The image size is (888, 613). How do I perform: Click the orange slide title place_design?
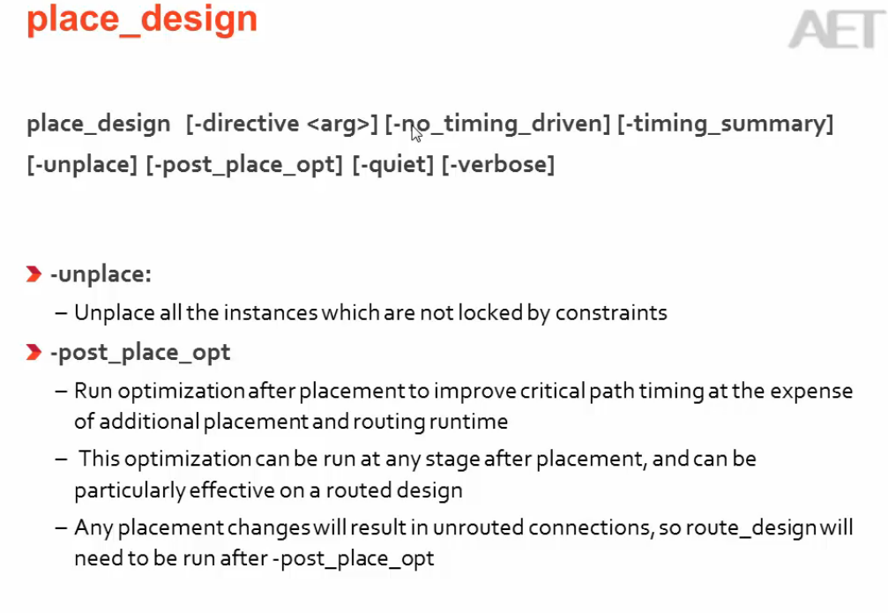point(142,19)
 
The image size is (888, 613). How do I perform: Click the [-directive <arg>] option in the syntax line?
point(282,124)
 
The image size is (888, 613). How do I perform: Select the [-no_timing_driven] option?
point(497,124)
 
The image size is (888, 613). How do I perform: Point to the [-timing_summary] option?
point(725,124)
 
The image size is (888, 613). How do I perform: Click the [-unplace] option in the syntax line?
point(82,165)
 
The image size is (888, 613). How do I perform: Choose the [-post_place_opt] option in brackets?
point(244,165)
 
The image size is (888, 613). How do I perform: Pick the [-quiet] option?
point(392,165)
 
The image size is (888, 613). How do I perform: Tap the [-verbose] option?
point(498,165)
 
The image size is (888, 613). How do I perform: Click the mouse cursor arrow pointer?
point(416,132)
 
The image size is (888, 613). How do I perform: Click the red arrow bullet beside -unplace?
point(34,275)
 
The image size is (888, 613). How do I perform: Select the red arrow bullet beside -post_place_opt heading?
point(34,353)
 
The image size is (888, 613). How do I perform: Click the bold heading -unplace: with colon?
point(101,274)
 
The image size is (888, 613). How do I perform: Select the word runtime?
point(469,422)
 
